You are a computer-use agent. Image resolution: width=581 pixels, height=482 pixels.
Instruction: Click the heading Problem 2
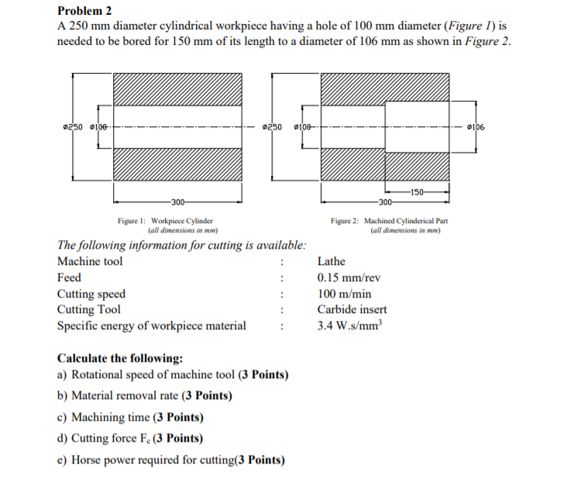(x=85, y=11)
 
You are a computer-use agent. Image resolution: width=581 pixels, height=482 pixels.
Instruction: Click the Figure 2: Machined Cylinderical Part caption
(x=389, y=221)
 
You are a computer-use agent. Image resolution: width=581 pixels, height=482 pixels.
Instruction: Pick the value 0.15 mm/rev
(x=349, y=277)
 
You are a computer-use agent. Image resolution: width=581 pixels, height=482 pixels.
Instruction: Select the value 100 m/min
(x=344, y=294)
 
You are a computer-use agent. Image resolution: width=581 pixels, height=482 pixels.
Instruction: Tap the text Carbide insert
(x=352, y=309)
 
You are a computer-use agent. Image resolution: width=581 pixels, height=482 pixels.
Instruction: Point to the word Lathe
(x=332, y=261)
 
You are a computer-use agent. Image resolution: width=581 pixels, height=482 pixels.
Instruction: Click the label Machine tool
(x=90, y=261)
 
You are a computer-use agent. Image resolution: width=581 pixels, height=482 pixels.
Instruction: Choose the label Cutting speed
(x=91, y=294)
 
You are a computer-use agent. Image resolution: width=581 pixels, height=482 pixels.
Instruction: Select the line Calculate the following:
(x=120, y=358)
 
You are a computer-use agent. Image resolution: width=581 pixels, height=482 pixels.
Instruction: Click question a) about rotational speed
(x=173, y=375)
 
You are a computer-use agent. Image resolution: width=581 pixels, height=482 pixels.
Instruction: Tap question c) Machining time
(x=131, y=417)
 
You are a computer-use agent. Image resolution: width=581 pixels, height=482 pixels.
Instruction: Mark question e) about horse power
(x=170, y=460)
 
